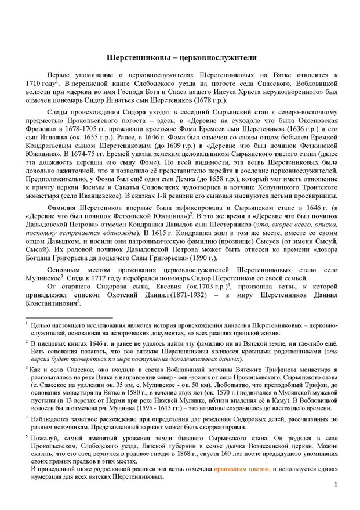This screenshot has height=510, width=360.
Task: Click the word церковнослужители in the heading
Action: click(x=209, y=59)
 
